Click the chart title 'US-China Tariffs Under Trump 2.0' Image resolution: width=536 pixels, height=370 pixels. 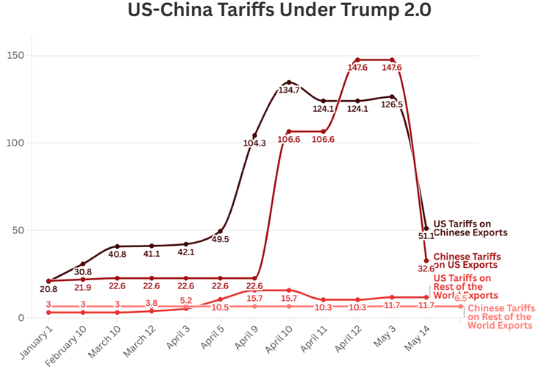tap(268, 12)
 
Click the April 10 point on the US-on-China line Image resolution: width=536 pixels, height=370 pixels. tap(289, 82)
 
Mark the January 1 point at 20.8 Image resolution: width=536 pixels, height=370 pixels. tap(49, 281)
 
